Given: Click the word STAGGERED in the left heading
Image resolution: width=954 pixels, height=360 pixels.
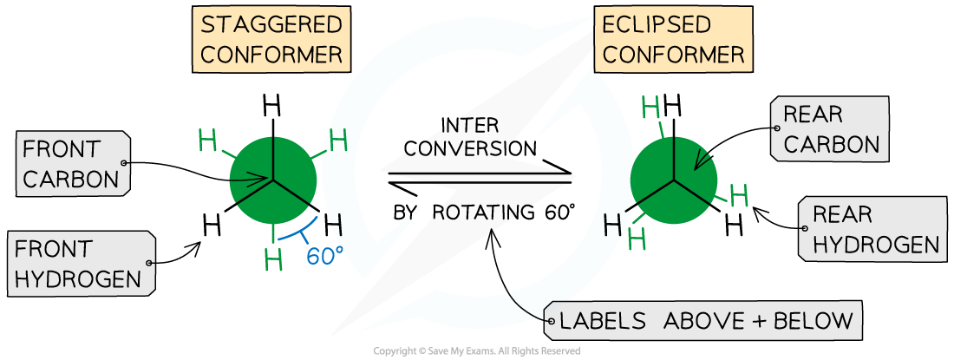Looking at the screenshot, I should click(x=271, y=24).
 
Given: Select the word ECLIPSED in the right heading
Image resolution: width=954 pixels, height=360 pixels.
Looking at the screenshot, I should click(x=657, y=24).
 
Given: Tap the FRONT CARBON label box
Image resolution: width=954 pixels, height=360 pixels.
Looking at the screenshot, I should click(x=73, y=164).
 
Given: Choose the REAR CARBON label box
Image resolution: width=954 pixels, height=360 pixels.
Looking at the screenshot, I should click(x=829, y=128).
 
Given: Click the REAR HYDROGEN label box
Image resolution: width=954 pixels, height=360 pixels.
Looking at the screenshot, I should click(x=871, y=228).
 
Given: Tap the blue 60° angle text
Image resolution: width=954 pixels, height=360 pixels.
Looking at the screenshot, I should click(x=324, y=258).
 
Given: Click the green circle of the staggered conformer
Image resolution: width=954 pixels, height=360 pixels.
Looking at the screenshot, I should click(x=273, y=178).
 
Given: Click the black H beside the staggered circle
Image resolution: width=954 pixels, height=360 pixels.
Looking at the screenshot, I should click(x=335, y=227).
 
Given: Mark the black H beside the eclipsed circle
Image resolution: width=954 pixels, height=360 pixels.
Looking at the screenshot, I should click(x=612, y=225).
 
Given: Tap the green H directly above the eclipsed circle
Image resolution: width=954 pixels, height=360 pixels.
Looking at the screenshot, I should click(x=650, y=108).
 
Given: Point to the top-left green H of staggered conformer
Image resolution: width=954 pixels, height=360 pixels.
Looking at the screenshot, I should click(x=208, y=140).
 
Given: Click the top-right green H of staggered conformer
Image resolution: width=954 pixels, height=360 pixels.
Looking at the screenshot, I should click(x=338, y=139).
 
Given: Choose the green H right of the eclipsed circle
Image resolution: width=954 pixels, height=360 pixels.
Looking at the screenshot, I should click(x=738, y=196).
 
